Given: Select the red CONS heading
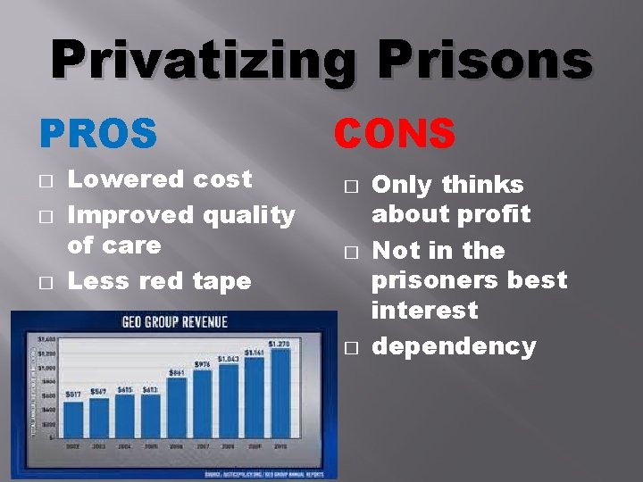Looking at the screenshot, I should coord(395,134).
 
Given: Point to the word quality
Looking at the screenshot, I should coord(248,215).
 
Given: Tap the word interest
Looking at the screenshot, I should coord(424,311).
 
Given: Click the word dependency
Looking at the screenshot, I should coord(454,346).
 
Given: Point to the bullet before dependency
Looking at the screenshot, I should coord(349,347).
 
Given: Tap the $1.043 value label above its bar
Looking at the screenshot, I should coord(229,358).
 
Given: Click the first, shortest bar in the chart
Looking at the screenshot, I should coord(72,420).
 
